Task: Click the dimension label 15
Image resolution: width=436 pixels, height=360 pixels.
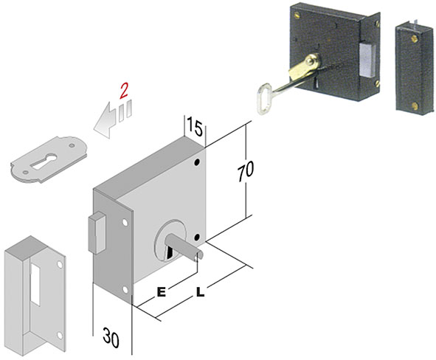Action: point(195,126)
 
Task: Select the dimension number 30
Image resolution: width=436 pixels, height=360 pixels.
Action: point(111,337)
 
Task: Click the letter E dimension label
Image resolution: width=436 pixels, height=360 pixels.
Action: point(162,292)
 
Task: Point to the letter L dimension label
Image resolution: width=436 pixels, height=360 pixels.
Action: point(200,292)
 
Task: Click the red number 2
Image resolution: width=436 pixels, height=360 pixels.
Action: point(124,91)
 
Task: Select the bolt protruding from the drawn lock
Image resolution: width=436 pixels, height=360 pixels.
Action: point(97,233)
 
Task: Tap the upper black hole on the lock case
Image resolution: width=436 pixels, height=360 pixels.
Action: point(197,162)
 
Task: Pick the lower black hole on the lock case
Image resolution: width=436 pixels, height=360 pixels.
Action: point(197,237)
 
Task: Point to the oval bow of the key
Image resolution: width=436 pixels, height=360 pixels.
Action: point(263,99)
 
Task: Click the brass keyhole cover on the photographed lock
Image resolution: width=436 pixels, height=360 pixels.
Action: point(304,66)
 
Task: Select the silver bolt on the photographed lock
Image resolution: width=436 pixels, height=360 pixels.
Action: point(367,61)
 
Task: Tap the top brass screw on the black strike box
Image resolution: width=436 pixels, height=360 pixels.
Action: point(415,38)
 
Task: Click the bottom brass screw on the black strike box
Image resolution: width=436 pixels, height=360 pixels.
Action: point(415,105)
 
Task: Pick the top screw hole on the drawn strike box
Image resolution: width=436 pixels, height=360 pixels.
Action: point(60,265)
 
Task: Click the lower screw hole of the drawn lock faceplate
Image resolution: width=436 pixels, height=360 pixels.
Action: point(125,290)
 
